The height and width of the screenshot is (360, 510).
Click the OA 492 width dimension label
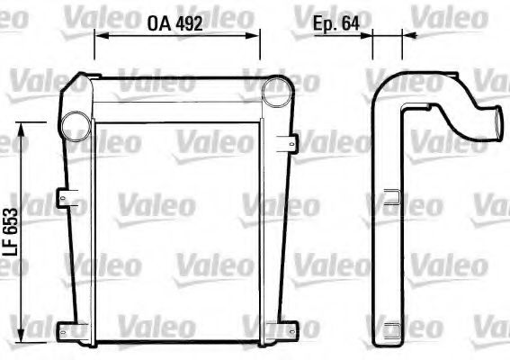pyautogui.click(x=174, y=25)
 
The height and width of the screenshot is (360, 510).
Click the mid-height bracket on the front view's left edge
pyautogui.click(x=63, y=195)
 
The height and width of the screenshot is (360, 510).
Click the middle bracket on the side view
pyautogui.click(x=391, y=193)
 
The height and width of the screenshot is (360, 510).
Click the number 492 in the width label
pyautogui.click(x=186, y=25)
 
